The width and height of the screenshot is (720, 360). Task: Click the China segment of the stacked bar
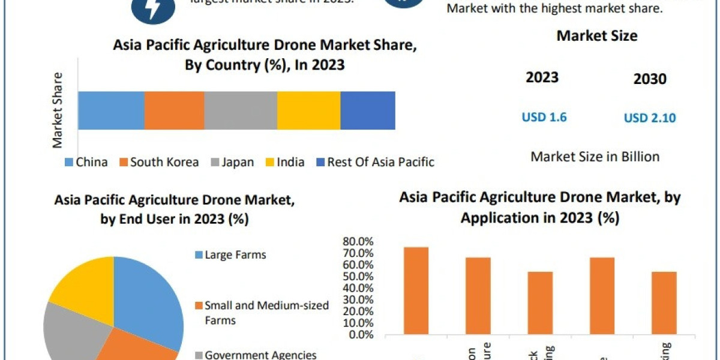(x=111, y=110)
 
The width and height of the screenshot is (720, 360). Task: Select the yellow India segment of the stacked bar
(x=308, y=110)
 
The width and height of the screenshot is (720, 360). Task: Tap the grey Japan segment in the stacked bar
(x=241, y=110)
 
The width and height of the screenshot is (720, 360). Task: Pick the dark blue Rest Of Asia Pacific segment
(x=368, y=110)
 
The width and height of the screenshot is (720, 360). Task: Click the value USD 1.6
(x=544, y=117)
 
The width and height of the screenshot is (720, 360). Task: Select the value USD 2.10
(x=650, y=118)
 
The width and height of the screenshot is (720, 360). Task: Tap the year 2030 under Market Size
(x=650, y=79)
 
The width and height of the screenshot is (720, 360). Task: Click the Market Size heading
(x=596, y=36)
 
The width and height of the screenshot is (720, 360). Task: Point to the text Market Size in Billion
(x=595, y=157)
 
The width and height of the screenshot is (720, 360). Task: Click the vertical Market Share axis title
(x=58, y=111)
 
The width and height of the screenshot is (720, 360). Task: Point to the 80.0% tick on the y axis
(x=359, y=242)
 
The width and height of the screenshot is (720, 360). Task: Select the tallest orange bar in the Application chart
(x=416, y=290)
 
